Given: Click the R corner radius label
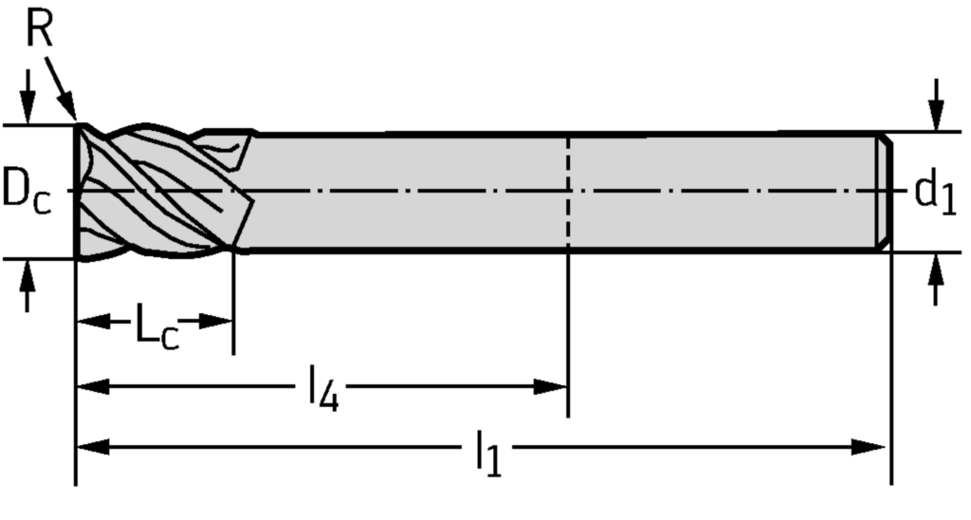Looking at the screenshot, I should (x=39, y=29).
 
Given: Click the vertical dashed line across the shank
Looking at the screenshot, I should (x=567, y=190).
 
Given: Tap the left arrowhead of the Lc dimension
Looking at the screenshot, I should (x=91, y=322).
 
